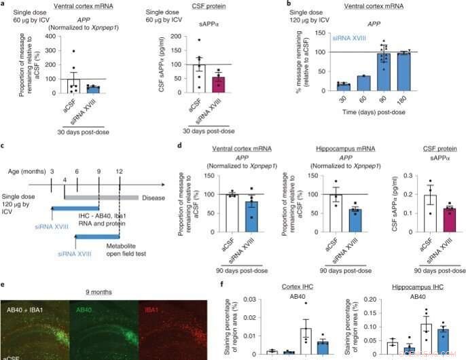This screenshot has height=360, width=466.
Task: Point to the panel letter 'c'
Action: pyautogui.click(x=5, y=145)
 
